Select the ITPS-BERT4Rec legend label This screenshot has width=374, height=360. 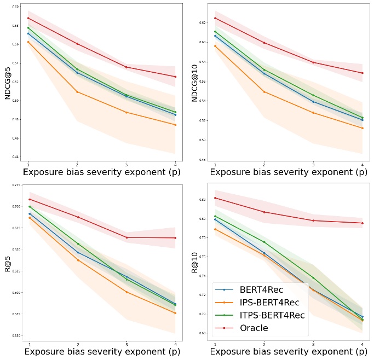click(x=272, y=315)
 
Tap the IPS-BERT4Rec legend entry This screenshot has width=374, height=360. click(x=269, y=303)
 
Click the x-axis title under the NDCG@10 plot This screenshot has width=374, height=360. click(x=289, y=172)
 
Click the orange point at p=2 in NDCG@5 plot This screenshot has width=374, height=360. click(x=77, y=92)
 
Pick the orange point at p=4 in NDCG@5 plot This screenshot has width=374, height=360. click(x=175, y=125)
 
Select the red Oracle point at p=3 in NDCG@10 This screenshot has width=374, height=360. click(x=313, y=62)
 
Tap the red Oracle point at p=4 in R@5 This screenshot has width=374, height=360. click(x=175, y=238)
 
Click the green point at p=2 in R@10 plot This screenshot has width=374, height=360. click(x=264, y=242)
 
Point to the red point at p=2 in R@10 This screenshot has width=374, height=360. click(x=264, y=212)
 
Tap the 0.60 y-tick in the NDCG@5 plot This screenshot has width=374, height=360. click(x=16, y=7)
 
